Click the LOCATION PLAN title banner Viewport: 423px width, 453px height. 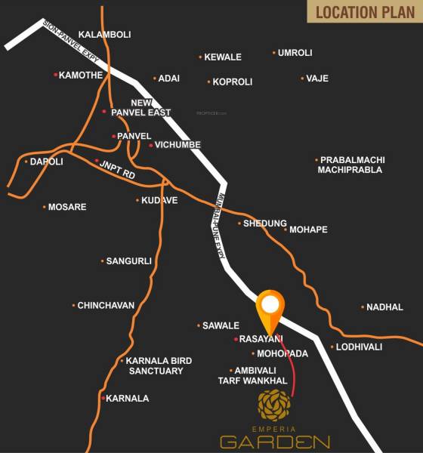(364, 11)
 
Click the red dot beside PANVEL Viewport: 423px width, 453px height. (113, 136)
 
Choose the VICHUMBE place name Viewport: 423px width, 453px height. (177, 145)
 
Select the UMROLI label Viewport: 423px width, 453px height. (295, 53)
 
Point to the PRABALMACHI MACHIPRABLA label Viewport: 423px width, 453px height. (352, 165)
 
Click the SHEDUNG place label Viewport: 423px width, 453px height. (264, 223)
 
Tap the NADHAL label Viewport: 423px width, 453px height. (385, 307)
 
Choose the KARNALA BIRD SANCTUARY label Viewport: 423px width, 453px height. (155, 365)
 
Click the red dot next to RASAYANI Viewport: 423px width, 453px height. (236, 339)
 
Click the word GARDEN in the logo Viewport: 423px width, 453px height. (274, 442)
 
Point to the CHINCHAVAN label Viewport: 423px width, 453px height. (106, 306)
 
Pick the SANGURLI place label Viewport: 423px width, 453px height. (128, 261)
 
